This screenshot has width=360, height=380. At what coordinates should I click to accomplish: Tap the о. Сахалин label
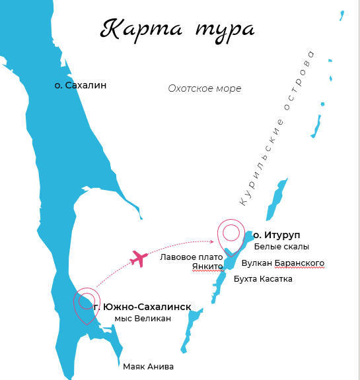tap(81, 85)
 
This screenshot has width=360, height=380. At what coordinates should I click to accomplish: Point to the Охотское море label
tap(205, 88)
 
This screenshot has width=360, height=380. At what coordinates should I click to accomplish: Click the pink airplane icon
tap(139, 258)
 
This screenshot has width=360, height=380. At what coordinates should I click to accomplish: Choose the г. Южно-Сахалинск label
tap(142, 307)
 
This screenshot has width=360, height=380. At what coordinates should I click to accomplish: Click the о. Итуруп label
tap(282, 235)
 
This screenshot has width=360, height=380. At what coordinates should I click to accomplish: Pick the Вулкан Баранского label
tap(283, 263)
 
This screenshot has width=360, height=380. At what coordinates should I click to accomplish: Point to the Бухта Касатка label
tap(263, 279)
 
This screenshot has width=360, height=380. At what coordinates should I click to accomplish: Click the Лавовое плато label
tap(192, 257)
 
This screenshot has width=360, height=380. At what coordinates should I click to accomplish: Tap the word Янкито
tap(207, 267)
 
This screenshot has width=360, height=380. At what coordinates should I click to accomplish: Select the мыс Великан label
tap(143, 319)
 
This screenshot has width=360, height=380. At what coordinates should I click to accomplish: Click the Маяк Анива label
tap(148, 366)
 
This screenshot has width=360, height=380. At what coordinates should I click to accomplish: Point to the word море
tap(229, 88)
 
